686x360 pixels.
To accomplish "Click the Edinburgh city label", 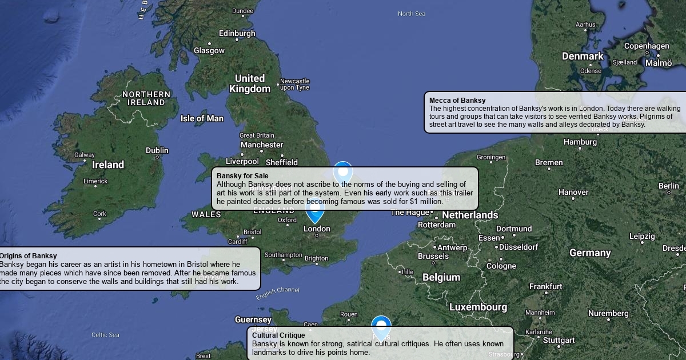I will click(x=237, y=33).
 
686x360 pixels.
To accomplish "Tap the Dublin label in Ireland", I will click(x=157, y=150).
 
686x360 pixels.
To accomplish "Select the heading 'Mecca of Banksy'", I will click(x=457, y=101).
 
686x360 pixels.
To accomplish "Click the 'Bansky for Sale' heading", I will click(x=242, y=175).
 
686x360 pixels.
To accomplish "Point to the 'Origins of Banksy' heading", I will click(x=29, y=256).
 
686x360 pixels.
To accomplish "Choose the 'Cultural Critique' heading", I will click(x=278, y=335).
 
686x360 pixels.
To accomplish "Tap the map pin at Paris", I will click(x=381, y=327).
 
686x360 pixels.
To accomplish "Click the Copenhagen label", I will click(x=647, y=46).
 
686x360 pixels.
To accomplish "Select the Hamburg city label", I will click(x=580, y=142).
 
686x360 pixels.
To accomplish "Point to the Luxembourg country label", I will click(x=478, y=307).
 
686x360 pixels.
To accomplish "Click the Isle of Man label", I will click(x=202, y=118).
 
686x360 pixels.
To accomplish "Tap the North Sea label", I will click(x=412, y=14).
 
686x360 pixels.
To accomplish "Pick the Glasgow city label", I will click(x=209, y=50).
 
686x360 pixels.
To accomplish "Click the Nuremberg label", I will click(x=608, y=313).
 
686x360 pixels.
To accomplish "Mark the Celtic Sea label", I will click(x=106, y=335).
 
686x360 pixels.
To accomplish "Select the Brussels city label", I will click(x=433, y=256).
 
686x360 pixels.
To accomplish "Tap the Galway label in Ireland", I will click(x=85, y=155).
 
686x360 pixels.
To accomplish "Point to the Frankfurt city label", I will click(x=546, y=286).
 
